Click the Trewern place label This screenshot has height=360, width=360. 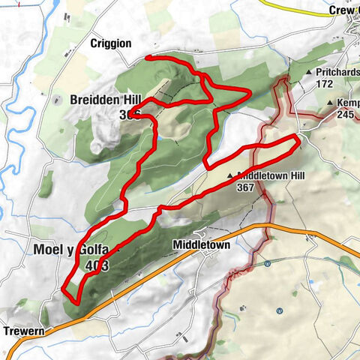coord(21,331)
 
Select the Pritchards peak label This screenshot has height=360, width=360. coord(338,71)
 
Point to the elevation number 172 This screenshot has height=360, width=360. coord(325,84)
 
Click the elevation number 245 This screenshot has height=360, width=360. coord(345,115)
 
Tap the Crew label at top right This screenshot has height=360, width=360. coord(343,10)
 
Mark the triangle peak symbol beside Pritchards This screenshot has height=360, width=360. coord(309,71)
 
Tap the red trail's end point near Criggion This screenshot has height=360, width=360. coord(146,57)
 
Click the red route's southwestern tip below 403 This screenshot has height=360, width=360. coord(76,301)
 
